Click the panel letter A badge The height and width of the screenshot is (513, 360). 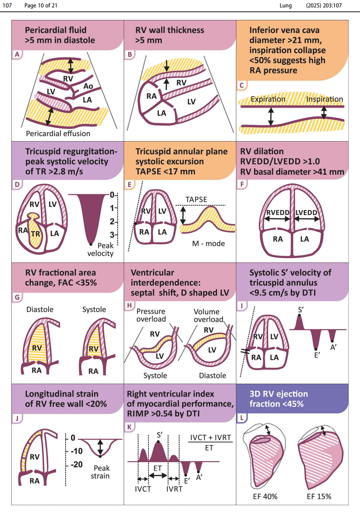[x=16, y=55]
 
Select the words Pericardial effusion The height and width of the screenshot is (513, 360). [x=58, y=133]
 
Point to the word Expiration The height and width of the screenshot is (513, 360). [x=268, y=99]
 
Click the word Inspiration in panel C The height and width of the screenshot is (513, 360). [x=324, y=99]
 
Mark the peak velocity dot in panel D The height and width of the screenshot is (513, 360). [x=91, y=244]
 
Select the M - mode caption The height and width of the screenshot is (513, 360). [x=209, y=244]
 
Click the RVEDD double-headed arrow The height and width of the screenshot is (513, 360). [x=278, y=220]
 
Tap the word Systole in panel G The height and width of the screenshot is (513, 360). [x=94, y=309]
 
